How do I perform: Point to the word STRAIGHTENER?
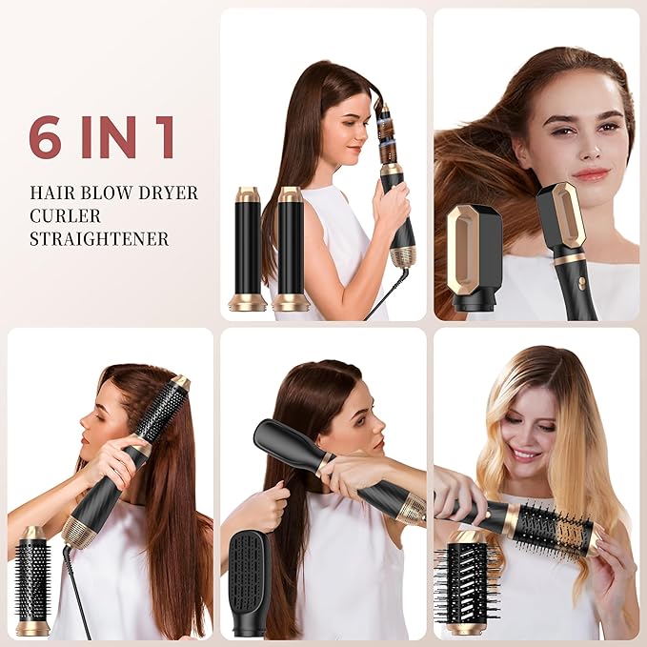pyautogui.click(x=98, y=238)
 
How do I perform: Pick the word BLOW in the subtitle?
pyautogui.click(x=106, y=192)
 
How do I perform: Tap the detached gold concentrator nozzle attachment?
pyautogui.click(x=474, y=256)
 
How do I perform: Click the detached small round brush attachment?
pyautogui.click(x=32, y=580)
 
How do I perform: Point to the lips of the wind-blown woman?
pyautogui.click(x=590, y=174)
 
